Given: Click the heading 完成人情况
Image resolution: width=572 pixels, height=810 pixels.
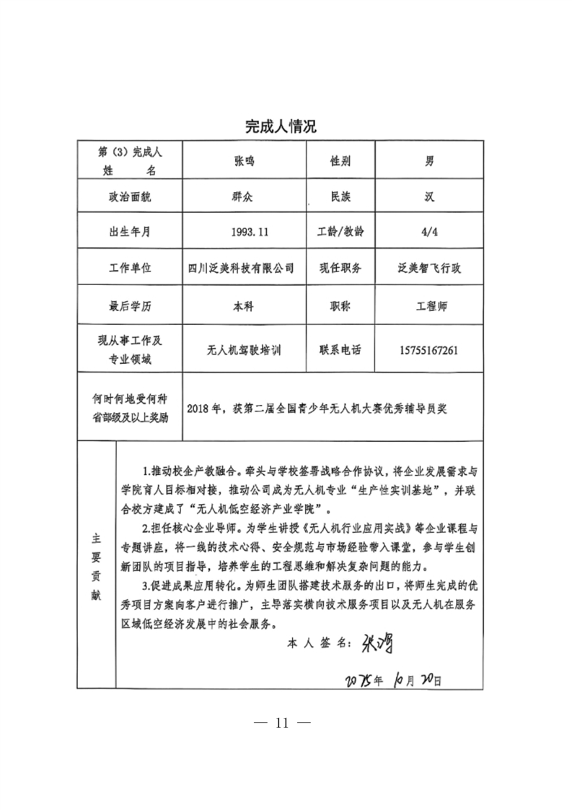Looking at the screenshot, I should [281, 127].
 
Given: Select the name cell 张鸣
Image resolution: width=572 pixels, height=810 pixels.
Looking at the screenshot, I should [245, 162].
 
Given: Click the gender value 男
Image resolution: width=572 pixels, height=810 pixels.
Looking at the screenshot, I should [429, 162].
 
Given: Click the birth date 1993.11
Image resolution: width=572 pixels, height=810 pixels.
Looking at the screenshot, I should [245, 232].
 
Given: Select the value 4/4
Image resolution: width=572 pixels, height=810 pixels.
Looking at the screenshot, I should [429, 232].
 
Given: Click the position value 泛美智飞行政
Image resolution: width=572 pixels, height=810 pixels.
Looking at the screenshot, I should [429, 268].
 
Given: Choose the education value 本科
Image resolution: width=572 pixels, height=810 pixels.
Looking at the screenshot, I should [245, 306].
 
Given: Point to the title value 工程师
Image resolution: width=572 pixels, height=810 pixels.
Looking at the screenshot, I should [429, 306].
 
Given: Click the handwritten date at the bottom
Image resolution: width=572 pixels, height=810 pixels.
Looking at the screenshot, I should [393, 679].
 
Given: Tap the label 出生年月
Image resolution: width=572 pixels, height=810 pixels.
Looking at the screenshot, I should [131, 232].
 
